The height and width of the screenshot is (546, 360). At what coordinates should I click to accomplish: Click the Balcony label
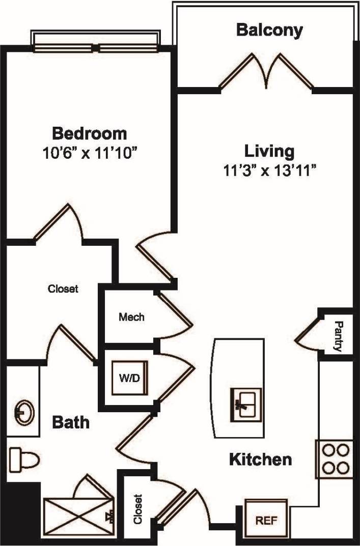click(269, 30)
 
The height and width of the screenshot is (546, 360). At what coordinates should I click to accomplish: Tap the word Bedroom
click(90, 134)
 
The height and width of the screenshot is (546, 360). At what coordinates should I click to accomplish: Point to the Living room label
click(269, 151)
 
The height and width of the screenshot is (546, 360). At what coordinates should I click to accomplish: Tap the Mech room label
click(131, 317)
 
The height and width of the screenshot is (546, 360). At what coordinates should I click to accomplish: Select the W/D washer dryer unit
click(130, 378)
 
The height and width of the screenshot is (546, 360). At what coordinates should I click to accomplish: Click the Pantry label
click(338, 336)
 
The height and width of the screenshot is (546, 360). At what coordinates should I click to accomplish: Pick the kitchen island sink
click(245, 404)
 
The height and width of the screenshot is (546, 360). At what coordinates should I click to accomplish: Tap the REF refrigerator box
click(266, 520)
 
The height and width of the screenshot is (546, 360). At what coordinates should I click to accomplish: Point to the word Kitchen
click(260, 460)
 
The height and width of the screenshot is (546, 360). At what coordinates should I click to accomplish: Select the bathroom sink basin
click(23, 411)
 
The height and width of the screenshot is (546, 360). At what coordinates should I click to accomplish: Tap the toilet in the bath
click(24, 458)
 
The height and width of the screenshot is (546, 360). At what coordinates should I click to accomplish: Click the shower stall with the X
click(76, 516)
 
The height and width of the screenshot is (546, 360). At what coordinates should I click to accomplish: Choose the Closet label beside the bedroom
click(63, 289)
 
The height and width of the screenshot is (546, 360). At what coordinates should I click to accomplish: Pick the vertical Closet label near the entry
click(138, 509)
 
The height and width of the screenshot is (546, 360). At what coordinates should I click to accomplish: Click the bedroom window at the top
click(96, 48)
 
